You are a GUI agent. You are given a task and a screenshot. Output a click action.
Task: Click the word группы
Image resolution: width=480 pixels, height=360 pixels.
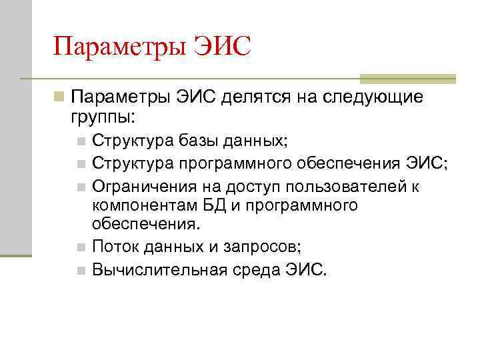[x=102, y=118]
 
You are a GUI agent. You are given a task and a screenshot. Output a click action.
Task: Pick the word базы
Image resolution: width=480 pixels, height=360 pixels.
[x=199, y=141]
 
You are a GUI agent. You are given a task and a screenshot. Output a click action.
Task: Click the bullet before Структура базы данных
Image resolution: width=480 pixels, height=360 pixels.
[x=81, y=142]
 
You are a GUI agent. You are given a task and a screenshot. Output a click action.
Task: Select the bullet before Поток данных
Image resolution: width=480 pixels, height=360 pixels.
[x=81, y=248]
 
